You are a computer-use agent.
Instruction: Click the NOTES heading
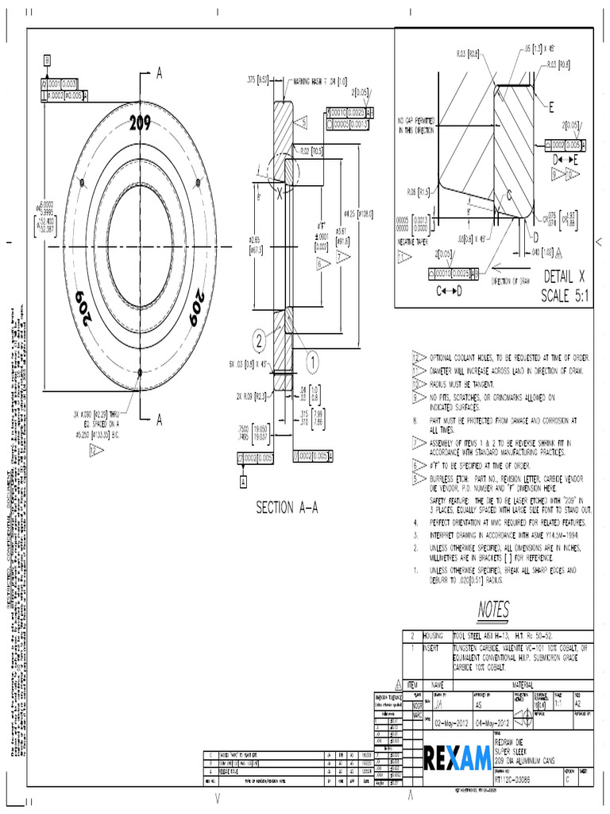point(493,609)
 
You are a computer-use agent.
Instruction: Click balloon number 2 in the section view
point(259,341)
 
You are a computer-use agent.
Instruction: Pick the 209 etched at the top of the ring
point(140,124)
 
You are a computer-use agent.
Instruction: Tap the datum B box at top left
point(47,60)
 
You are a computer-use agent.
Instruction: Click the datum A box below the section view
point(243,481)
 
